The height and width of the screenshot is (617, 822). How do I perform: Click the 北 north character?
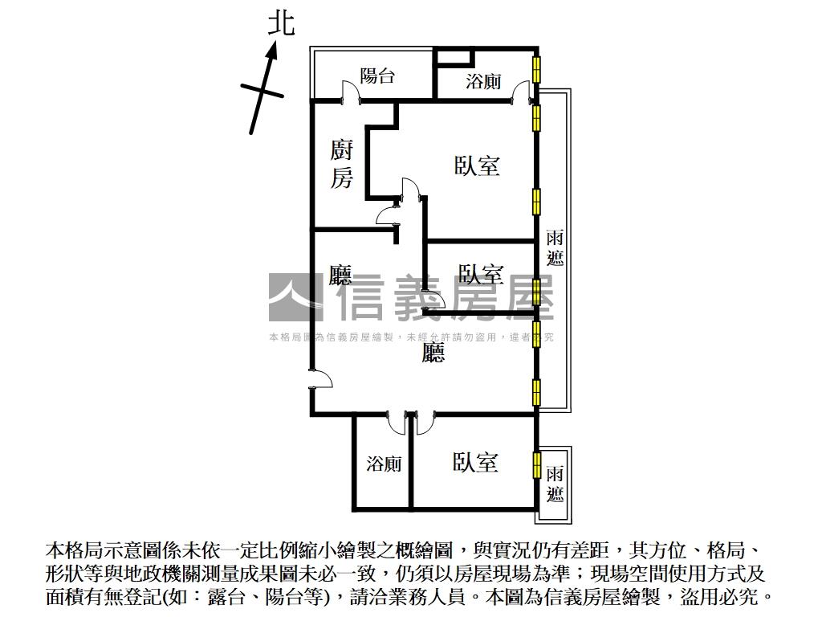click(x=282, y=23)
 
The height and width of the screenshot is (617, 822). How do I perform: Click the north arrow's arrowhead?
click(x=271, y=52)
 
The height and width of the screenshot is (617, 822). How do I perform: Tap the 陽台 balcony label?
click(x=377, y=76)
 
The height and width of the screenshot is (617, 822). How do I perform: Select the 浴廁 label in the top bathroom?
click(x=483, y=81)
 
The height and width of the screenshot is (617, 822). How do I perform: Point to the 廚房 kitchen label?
click(x=341, y=164)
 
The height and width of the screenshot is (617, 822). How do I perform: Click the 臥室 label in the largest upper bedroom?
click(x=477, y=165)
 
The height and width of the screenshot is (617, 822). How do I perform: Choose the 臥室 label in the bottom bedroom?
click(x=475, y=462)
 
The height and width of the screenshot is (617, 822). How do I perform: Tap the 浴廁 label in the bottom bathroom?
click(x=384, y=464)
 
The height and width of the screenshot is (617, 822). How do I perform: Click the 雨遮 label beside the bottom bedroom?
click(x=555, y=484)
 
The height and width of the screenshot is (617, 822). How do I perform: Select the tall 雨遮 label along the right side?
click(x=555, y=247)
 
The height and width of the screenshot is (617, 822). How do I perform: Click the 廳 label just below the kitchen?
click(x=340, y=275)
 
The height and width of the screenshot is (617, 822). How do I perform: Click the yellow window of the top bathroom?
click(x=536, y=69)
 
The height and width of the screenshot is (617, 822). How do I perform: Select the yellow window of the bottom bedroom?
click(x=536, y=464)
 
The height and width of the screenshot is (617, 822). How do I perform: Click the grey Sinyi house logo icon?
click(x=296, y=297)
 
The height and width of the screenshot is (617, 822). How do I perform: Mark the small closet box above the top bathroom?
click(x=456, y=57)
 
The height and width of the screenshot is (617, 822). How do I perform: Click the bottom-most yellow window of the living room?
click(x=536, y=392)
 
